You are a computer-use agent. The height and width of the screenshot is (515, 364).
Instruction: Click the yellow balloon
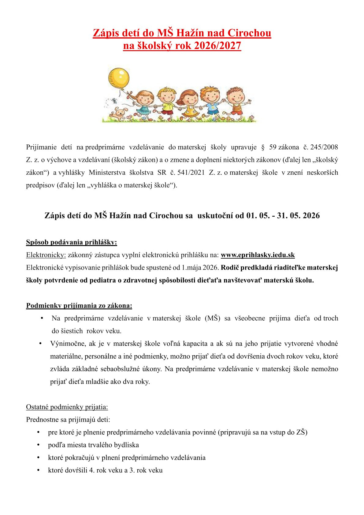pyautogui.click(x=119, y=78)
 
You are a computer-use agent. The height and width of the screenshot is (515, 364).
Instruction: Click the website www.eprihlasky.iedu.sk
pyautogui.click(x=258, y=255)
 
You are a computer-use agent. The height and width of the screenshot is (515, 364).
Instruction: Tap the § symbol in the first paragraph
pyautogui.click(x=263, y=147)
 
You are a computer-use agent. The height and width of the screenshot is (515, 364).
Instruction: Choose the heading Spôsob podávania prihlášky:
pyautogui.click(x=72, y=242)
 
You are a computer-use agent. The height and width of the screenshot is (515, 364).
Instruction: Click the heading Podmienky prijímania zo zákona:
pyautogui.click(x=79, y=305)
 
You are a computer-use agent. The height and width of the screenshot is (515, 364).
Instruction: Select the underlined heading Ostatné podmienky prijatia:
pyautogui.click(x=67, y=407)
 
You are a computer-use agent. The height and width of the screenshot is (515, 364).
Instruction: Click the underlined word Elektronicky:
pyautogui.click(x=46, y=255)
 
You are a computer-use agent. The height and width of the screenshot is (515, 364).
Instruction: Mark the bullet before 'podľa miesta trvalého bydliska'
pyautogui.click(x=39, y=445)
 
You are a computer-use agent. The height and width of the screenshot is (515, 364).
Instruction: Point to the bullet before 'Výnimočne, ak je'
pyautogui.click(x=40, y=344)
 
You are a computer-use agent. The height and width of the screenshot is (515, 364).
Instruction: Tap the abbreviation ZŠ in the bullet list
pyautogui.click(x=300, y=432)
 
